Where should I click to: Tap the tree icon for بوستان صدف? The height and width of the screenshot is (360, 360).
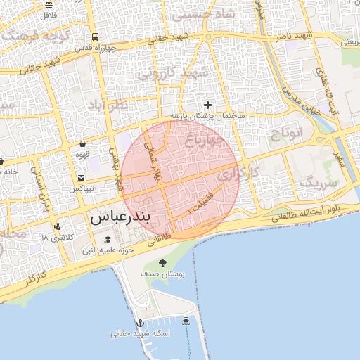[163, 263]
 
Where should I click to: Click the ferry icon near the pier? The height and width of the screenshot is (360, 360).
[186, 321]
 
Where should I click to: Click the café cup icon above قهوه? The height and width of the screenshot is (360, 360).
[83, 144]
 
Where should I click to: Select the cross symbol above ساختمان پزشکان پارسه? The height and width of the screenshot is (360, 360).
[207, 105]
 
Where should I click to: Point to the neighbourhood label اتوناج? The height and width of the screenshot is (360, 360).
[286, 132]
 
